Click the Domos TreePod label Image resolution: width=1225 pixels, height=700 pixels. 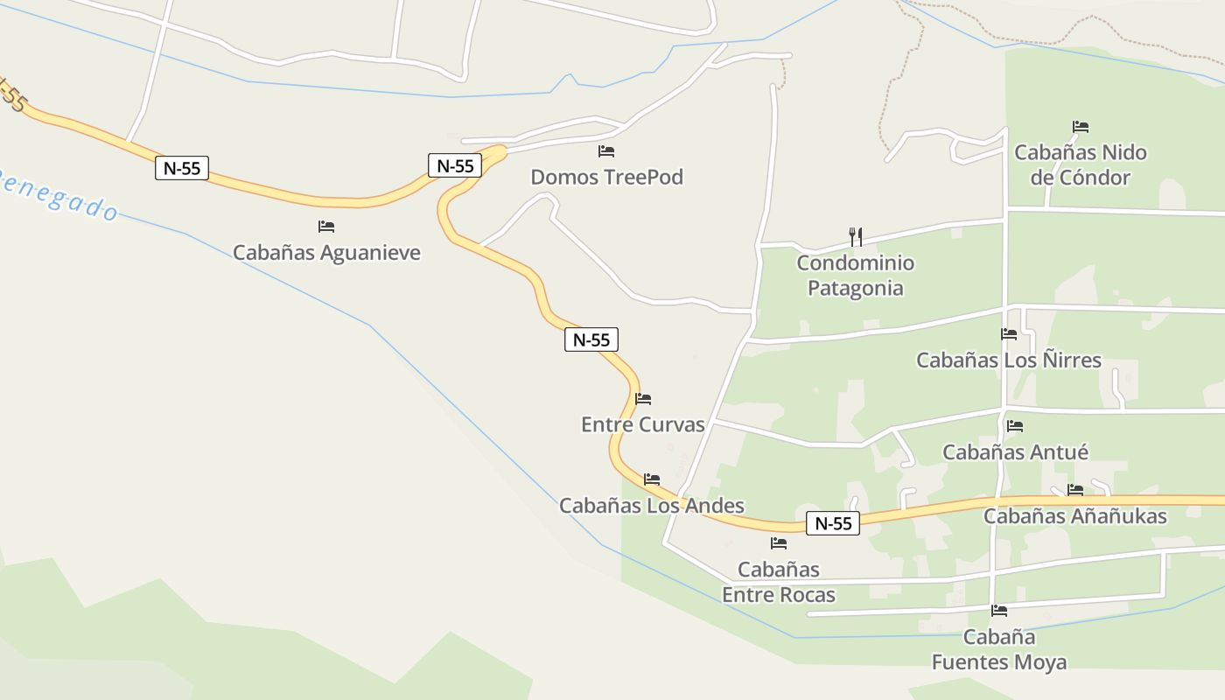(x=606, y=178)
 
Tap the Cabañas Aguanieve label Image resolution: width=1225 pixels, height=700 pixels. (x=326, y=253)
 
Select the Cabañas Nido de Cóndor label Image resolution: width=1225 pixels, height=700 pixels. (x=1080, y=165)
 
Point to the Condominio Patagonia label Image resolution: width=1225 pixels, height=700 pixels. (x=855, y=276)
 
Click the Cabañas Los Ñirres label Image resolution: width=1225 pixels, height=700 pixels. (x=1008, y=360)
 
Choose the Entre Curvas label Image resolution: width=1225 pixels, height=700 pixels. (x=642, y=425)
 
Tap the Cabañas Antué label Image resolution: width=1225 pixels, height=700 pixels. (x=1015, y=452)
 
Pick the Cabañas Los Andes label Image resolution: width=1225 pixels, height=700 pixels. (x=651, y=506)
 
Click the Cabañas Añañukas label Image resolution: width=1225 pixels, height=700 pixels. (x=1074, y=516)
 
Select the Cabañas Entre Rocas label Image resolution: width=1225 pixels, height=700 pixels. (x=778, y=583)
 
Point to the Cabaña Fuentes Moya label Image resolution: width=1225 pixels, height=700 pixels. (x=999, y=649)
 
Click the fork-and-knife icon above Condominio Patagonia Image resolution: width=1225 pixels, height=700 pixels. (x=856, y=236)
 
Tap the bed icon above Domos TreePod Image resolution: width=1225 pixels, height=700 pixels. (x=606, y=151)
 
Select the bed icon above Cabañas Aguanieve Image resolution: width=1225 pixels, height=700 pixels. (x=326, y=227)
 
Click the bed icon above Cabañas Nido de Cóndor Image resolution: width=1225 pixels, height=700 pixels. (x=1081, y=127)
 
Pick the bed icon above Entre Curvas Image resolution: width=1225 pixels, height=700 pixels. (x=643, y=399)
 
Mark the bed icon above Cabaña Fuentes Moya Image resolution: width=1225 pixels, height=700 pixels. (x=999, y=611)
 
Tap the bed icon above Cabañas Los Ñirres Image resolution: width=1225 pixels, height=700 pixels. (x=1009, y=333)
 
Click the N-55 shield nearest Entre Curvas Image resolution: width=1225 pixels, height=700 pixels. (x=591, y=339)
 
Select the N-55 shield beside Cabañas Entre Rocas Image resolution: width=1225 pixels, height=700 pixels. (x=832, y=523)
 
